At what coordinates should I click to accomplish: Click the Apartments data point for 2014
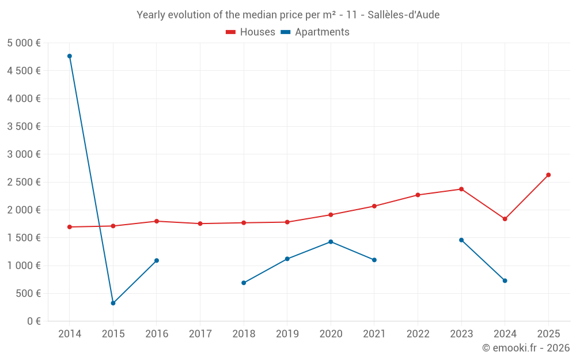pos(70,56)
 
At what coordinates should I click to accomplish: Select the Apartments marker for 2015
pos(113,303)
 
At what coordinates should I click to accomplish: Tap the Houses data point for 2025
pos(548,175)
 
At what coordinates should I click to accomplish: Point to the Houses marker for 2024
pos(505,219)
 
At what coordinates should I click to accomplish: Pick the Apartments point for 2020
pos(331,241)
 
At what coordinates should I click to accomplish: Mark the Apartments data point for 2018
pos(244,283)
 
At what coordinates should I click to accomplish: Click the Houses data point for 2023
pos(461,189)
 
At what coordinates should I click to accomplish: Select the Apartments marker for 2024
pos(505,281)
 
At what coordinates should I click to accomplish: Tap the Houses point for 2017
pos(200,223)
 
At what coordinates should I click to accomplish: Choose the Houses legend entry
pos(251,32)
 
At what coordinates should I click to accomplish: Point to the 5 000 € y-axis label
pos(24,43)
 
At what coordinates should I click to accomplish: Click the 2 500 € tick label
pos(24,182)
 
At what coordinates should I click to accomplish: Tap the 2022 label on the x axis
pos(418,334)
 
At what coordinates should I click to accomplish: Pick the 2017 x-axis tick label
pos(200,334)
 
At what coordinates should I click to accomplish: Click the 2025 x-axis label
pos(548,334)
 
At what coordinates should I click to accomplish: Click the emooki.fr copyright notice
pos(525,348)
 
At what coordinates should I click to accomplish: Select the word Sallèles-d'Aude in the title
pos(403,15)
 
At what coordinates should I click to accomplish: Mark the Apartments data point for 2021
pos(374,260)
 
